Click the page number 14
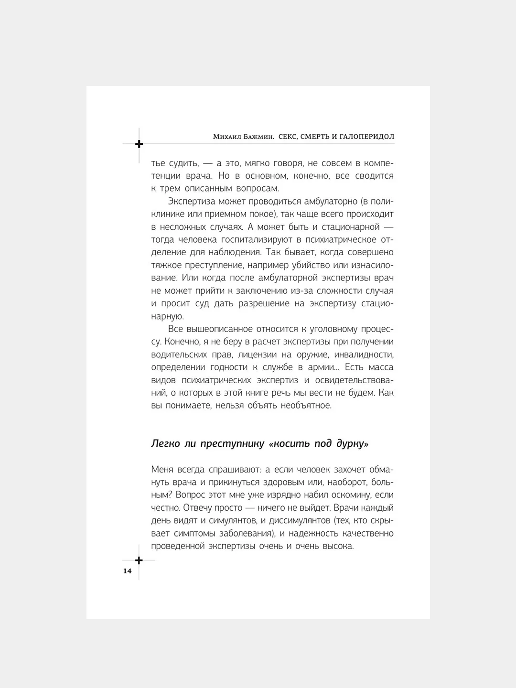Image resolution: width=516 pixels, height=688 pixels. coord(127,571)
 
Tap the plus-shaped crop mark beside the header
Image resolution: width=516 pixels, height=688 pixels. coord(139,144)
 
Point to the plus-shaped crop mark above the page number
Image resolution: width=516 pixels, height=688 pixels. coord(139,560)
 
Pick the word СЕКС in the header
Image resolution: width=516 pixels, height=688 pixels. coord(288,137)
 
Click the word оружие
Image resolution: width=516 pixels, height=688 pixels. coord(310,355)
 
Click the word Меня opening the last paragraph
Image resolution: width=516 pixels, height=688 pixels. coord(162,469)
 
